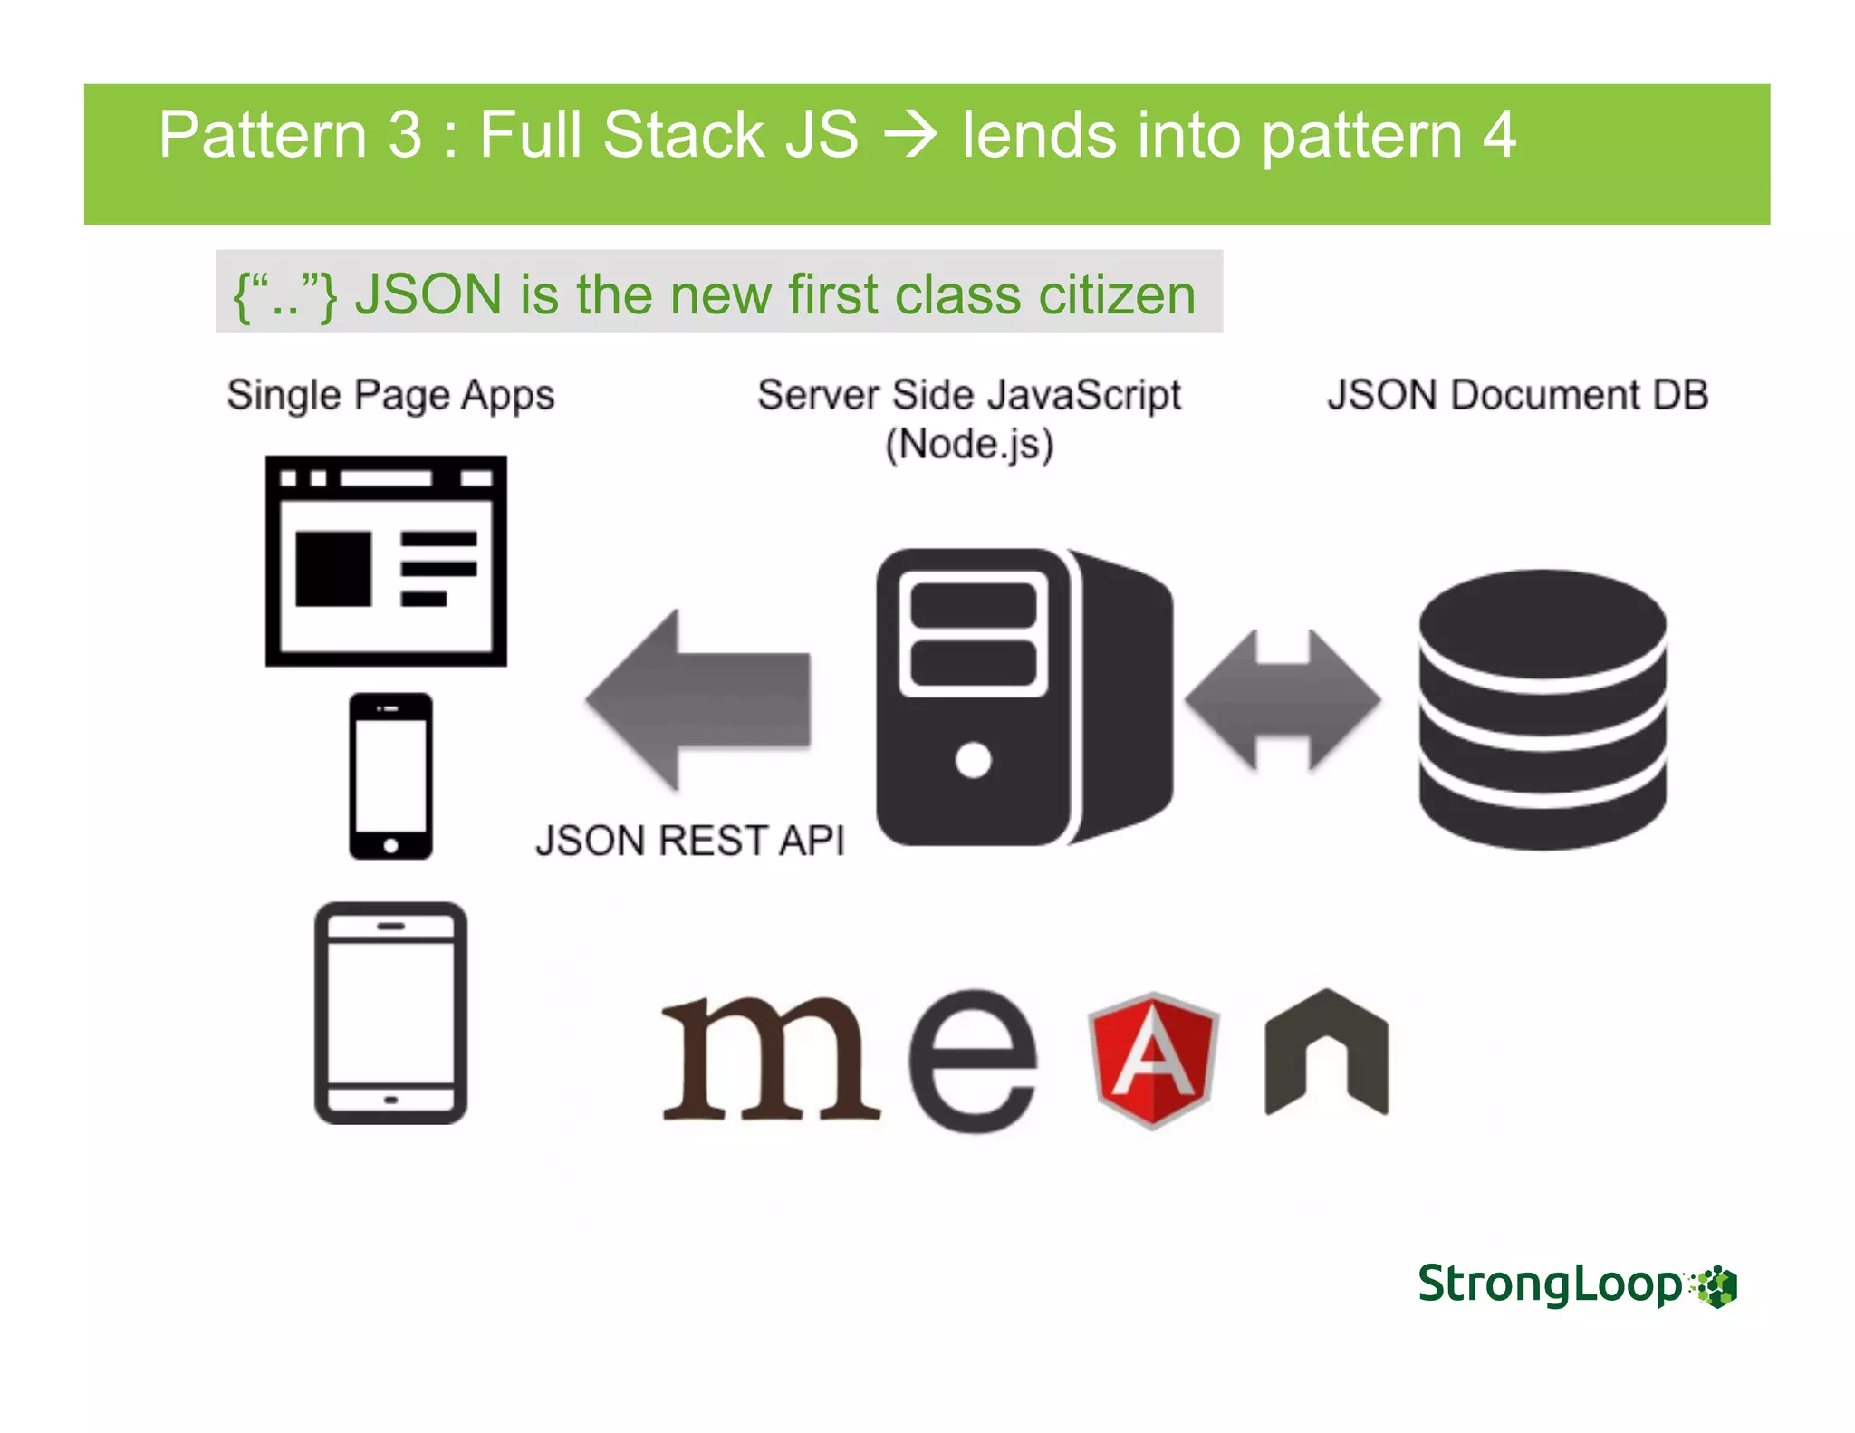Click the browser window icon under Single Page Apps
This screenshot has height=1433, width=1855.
pos(386,561)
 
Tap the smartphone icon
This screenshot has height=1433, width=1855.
pos(390,776)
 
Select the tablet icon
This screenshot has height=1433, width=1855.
pos(390,1013)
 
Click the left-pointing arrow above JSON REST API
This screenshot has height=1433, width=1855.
pos(698,699)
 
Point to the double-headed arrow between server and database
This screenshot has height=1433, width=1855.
pos(1283,700)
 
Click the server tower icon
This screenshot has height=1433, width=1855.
pos(1024,697)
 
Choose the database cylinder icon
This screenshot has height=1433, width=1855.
pos(1543,709)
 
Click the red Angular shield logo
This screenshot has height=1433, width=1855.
pos(1152,1059)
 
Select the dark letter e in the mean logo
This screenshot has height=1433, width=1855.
pos(973,1060)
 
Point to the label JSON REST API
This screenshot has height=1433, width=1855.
pos(689,840)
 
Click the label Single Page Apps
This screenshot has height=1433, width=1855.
pos(390,395)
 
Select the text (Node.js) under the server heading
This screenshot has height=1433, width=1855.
pos(969,445)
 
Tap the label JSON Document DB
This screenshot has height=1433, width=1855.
pos(1518,395)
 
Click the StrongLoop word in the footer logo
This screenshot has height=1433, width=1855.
pos(1550,1284)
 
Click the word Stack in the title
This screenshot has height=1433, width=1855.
pos(684,135)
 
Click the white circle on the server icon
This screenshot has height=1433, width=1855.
pos(973,759)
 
